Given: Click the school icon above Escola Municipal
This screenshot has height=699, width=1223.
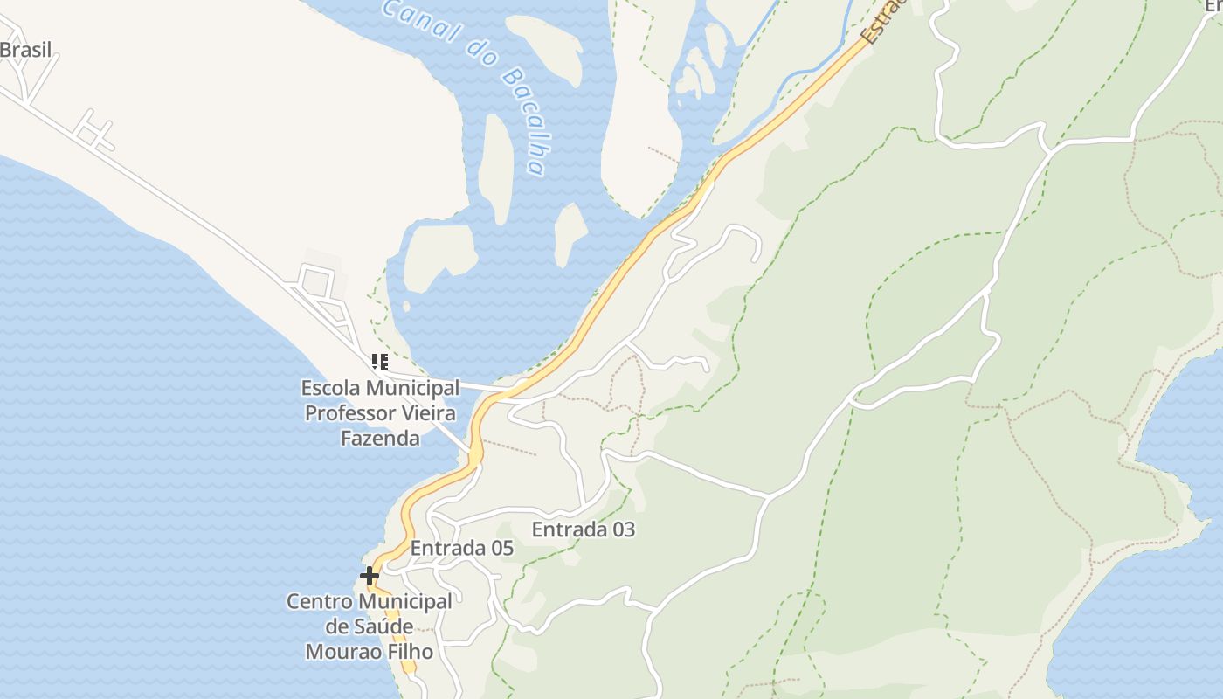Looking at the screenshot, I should click(379, 361).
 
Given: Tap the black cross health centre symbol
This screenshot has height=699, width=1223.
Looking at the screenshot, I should click(370, 576).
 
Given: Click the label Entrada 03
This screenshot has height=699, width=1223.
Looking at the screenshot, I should click(584, 529).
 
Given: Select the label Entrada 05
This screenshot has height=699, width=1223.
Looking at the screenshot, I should click(461, 549).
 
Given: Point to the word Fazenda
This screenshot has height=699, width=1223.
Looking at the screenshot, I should click(380, 438).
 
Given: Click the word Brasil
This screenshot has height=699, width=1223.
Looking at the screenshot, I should click(26, 50).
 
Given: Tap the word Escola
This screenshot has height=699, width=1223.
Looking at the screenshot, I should click(330, 387).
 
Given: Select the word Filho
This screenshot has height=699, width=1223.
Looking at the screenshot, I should click(411, 652).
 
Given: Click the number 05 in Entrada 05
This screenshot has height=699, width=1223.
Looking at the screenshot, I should click(501, 549).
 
